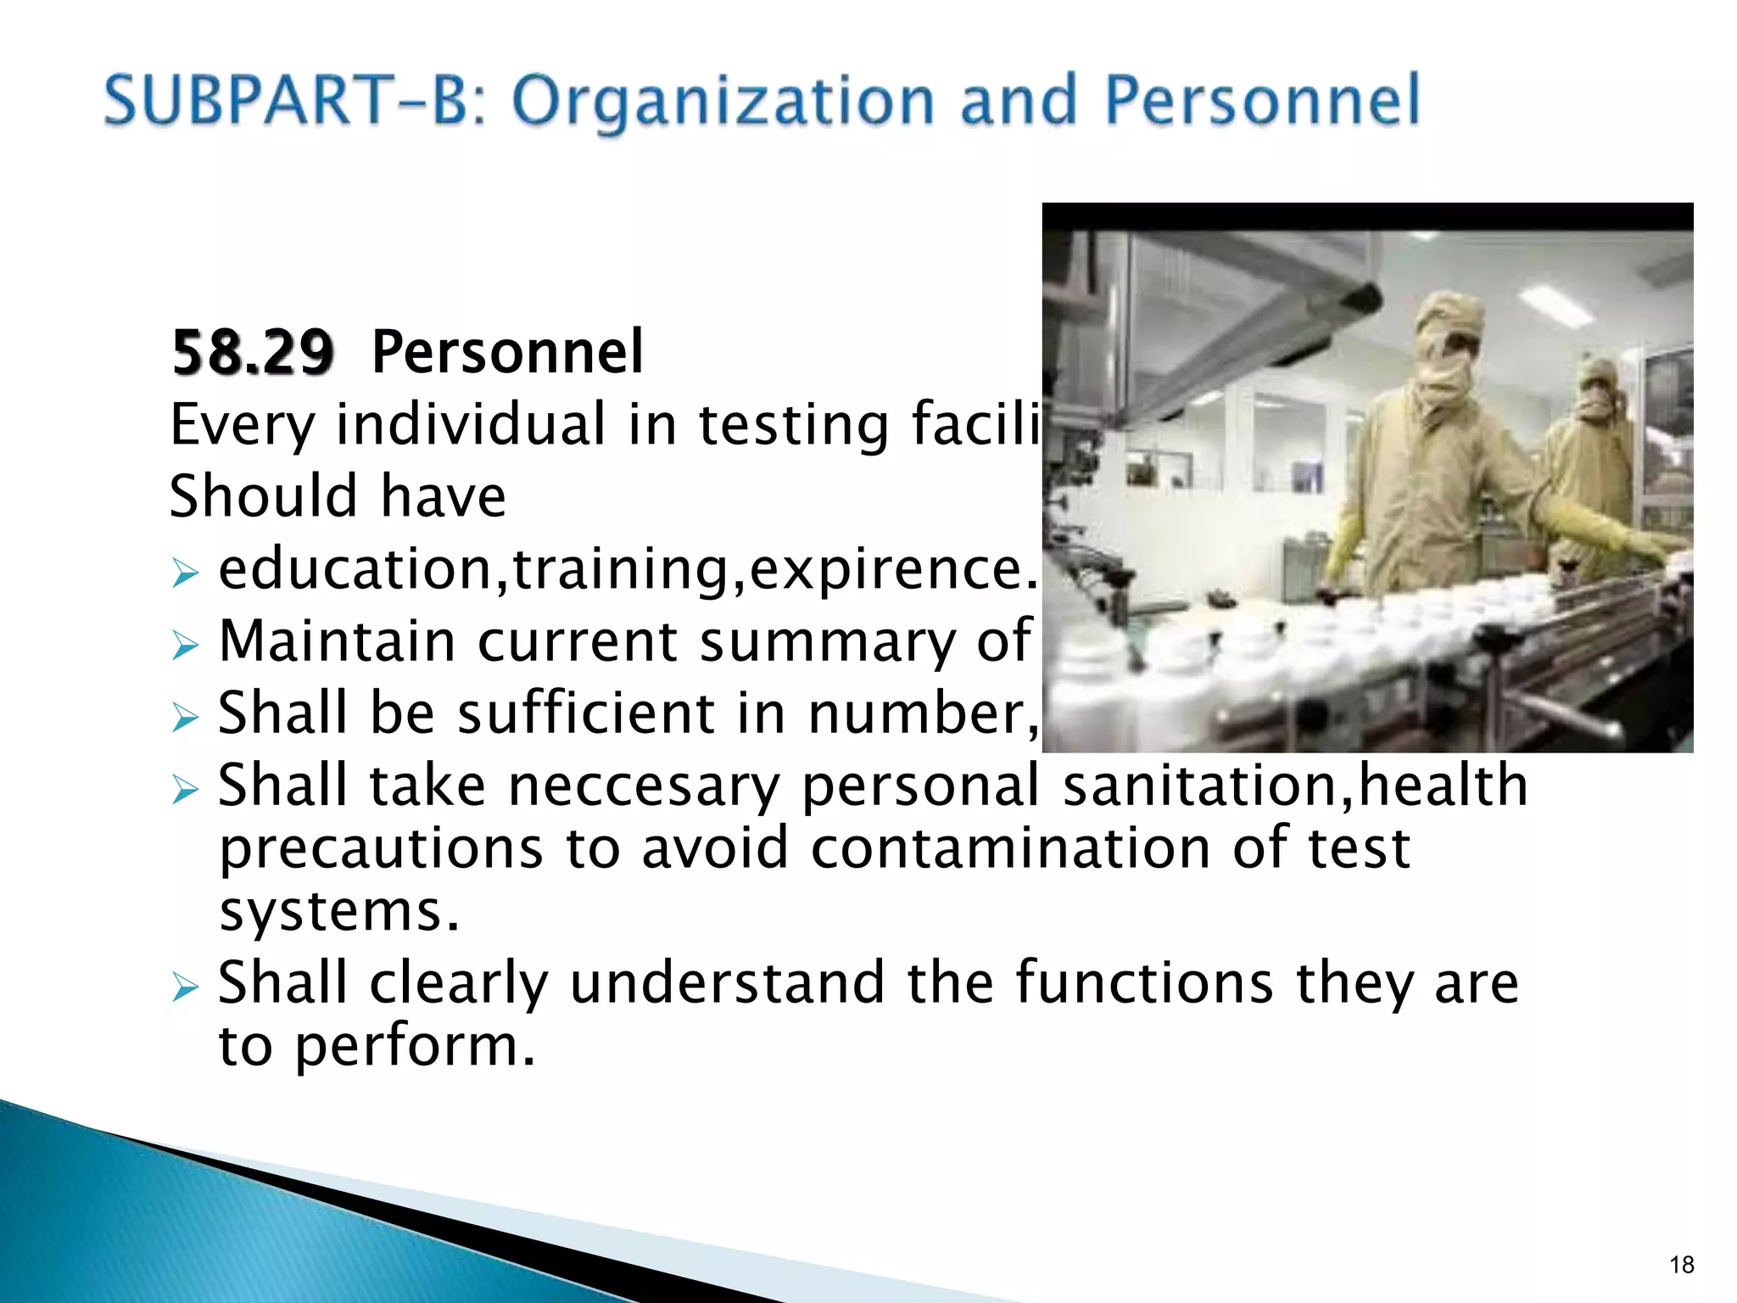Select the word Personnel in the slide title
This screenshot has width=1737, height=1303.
coord(1262,100)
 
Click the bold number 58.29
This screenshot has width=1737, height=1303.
coord(253,352)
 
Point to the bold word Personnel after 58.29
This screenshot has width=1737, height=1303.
coord(507,352)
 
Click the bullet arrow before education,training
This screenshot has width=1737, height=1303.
coord(184,573)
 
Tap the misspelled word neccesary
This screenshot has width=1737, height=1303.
coord(642,787)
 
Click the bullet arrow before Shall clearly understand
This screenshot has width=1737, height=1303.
coord(184,987)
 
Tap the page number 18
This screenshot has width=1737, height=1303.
coord(1681,1265)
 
